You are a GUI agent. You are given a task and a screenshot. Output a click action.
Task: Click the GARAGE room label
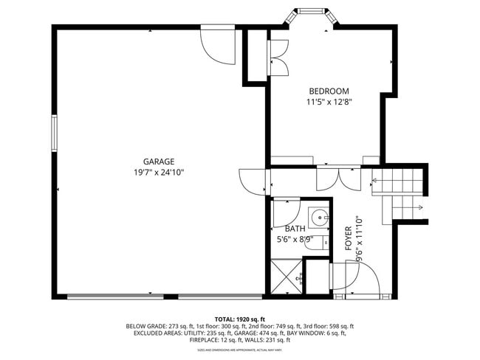159,162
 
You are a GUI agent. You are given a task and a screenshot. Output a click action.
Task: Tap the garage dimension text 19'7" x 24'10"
159,173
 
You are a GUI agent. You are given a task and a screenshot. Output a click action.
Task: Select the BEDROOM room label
329,91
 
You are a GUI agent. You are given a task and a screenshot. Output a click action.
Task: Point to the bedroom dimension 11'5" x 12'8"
329,103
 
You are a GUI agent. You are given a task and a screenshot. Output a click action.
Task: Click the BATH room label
295,229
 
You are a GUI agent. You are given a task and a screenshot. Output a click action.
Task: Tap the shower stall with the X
285,277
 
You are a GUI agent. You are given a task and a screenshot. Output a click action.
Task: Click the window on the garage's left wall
53,134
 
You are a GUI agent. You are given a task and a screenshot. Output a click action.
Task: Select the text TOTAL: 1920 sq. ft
240,317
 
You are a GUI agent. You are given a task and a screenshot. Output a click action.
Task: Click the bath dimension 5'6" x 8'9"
295,240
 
